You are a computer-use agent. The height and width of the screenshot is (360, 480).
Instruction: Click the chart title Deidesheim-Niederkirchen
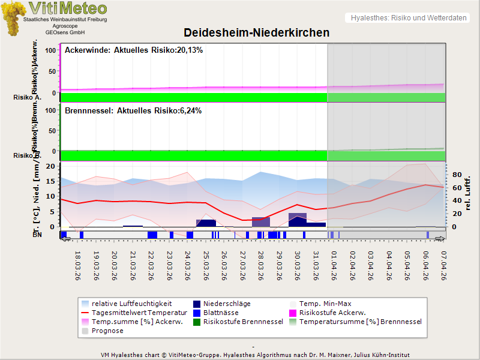[x=256, y=32]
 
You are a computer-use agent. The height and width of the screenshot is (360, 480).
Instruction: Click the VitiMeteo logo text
[x=68, y=8]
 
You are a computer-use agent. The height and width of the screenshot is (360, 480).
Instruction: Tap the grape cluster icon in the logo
[x=14, y=18]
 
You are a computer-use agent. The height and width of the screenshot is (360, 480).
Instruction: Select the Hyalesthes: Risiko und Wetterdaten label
[x=408, y=18]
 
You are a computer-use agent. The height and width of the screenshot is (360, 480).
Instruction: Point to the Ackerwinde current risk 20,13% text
[x=134, y=50]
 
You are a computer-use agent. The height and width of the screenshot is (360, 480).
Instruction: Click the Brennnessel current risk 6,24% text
[x=133, y=111]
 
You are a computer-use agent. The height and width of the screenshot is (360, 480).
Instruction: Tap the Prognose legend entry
[x=107, y=331]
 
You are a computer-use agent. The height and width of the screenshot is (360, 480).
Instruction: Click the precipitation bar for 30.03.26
[x=298, y=220]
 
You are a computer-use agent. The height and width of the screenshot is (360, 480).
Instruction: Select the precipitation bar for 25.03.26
[x=206, y=223]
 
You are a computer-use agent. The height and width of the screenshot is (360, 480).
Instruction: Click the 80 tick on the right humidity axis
[x=455, y=175]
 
